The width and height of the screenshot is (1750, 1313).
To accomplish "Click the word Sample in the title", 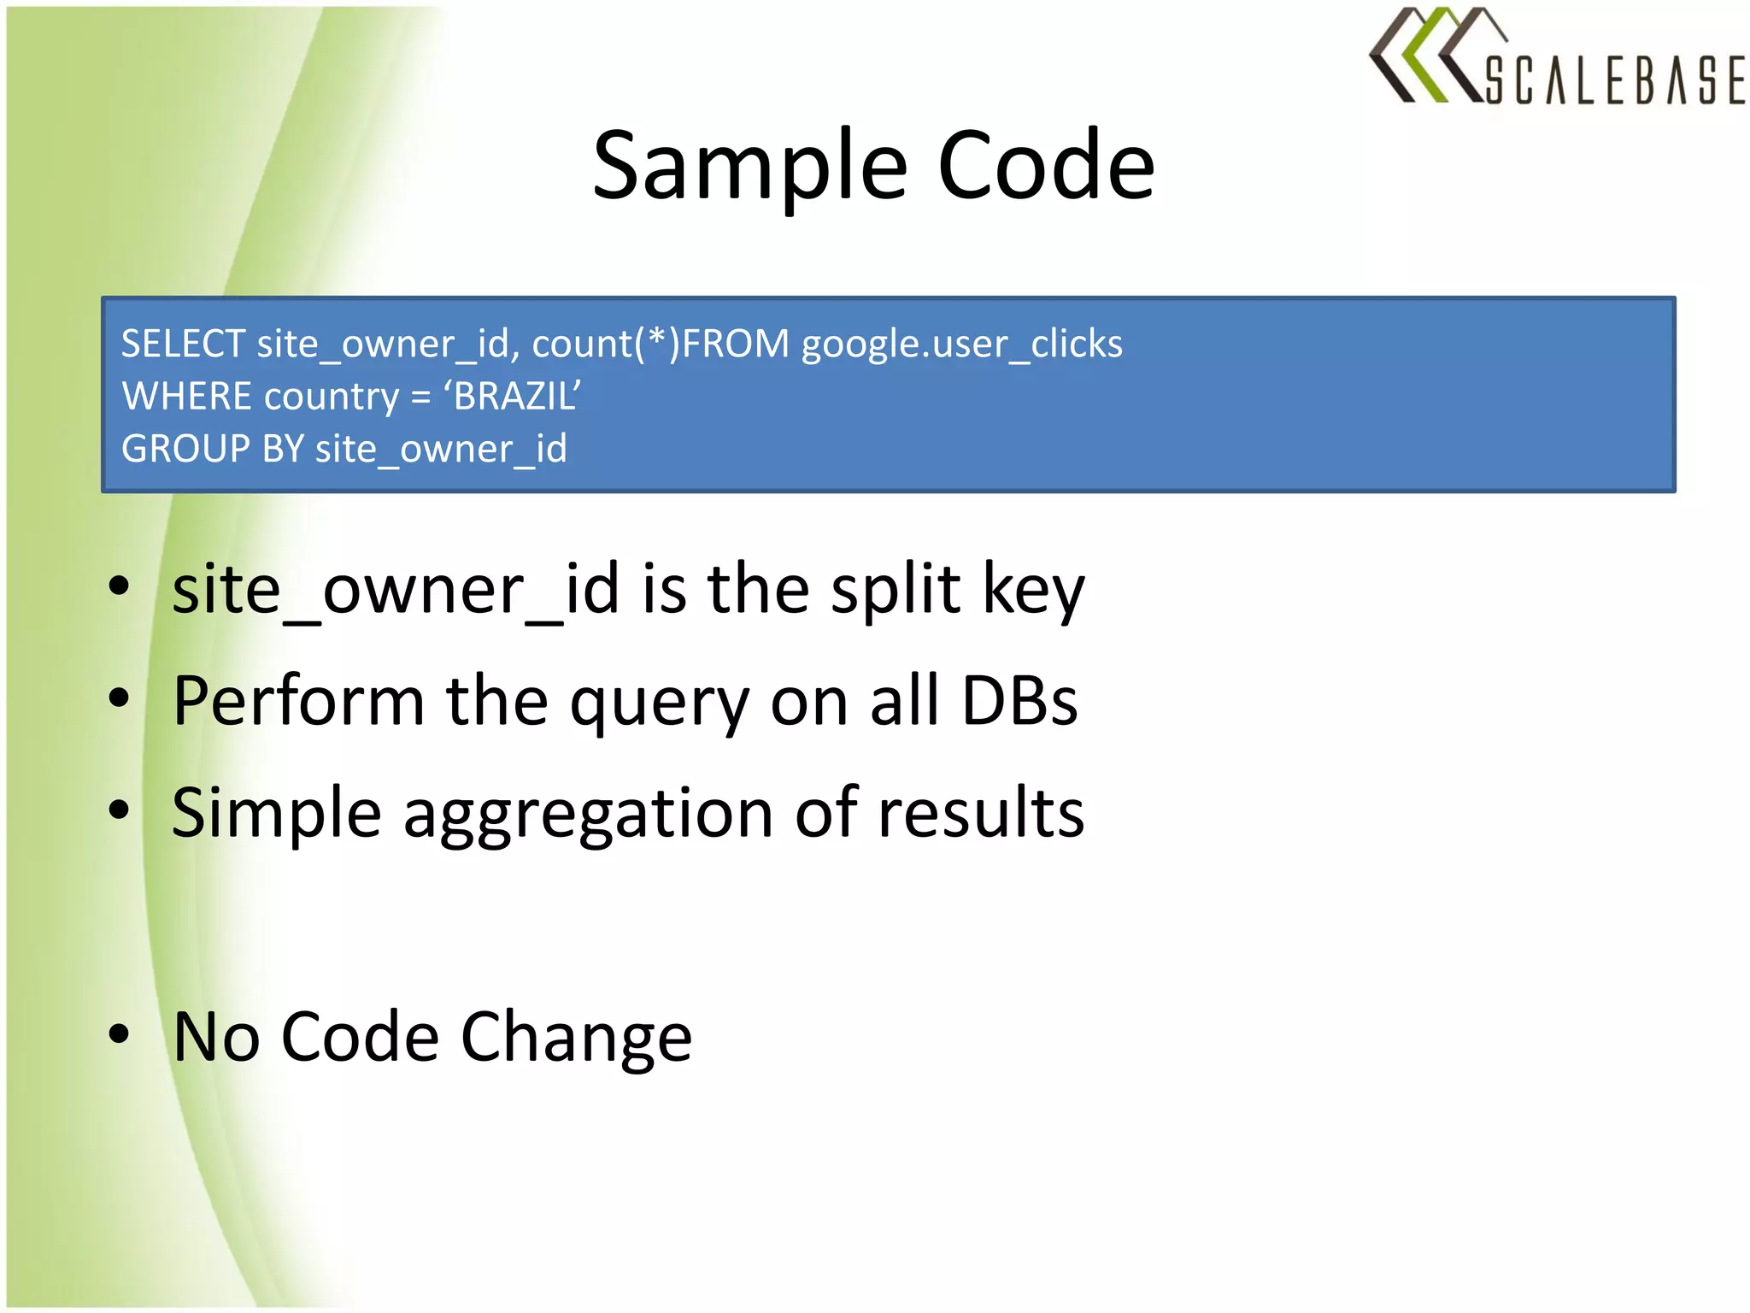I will (x=749, y=166).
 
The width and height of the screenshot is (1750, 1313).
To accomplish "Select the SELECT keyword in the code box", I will (x=183, y=344).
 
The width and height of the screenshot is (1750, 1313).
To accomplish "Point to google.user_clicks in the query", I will (x=961, y=344).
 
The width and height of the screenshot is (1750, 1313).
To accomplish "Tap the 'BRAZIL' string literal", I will (x=512, y=397).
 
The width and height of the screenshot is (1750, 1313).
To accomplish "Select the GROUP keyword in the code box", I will (x=185, y=449).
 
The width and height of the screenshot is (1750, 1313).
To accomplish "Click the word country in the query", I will (x=332, y=397).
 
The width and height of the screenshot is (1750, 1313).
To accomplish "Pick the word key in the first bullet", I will (x=1033, y=590).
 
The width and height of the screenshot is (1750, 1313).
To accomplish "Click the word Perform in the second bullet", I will (x=298, y=701).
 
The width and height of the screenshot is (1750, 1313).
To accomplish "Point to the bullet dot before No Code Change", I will (x=119, y=1033).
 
